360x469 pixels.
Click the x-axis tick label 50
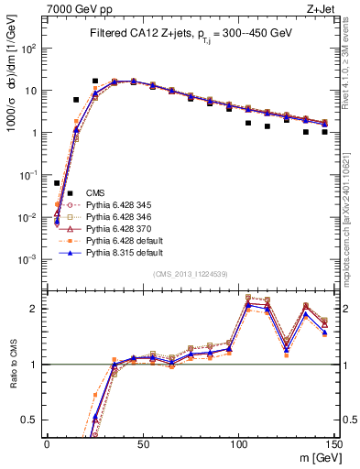[x=142, y=443]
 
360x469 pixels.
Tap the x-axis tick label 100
[x=238, y=443]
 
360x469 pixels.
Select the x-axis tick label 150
[x=333, y=443]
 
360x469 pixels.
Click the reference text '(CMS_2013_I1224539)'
[x=190, y=273]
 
